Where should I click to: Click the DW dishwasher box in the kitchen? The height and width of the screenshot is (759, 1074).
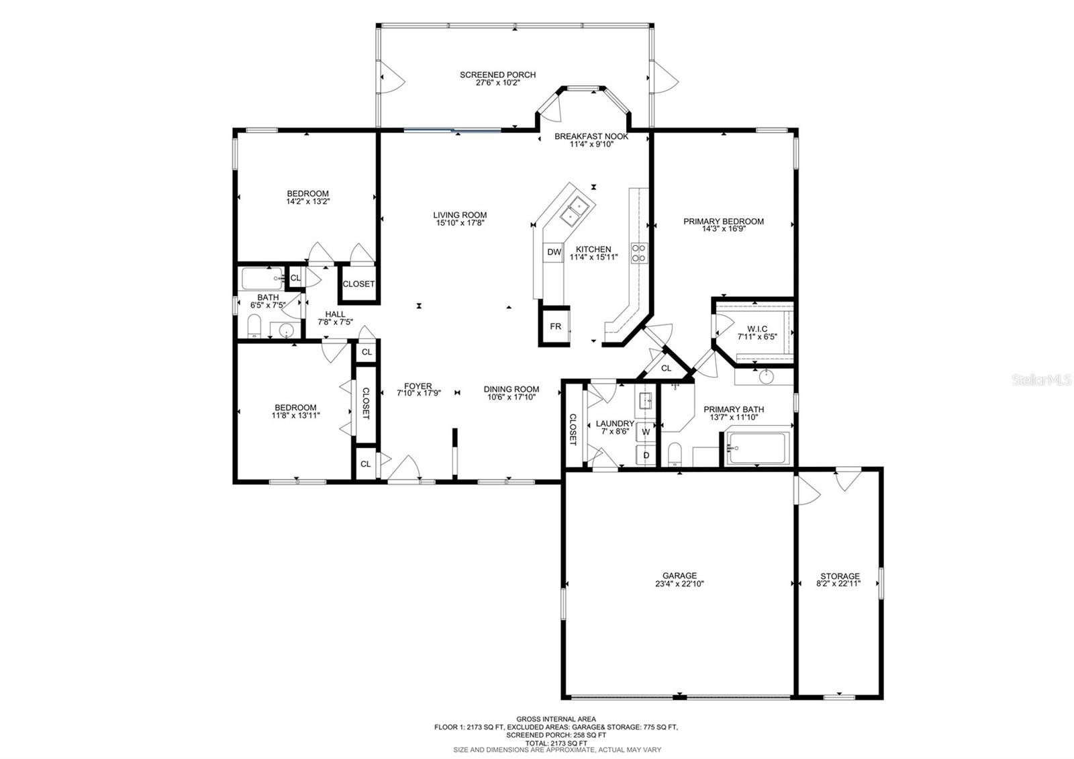coord(554,252)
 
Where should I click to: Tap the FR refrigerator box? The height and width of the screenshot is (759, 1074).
coord(555,326)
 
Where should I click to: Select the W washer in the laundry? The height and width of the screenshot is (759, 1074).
coord(646,432)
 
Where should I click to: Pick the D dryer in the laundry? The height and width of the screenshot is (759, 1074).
coord(646,455)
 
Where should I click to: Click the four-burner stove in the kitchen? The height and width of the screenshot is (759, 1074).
coord(638,253)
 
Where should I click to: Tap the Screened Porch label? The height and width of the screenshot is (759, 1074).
coord(497,75)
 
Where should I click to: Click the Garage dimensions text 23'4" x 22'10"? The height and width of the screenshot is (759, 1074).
coord(679,584)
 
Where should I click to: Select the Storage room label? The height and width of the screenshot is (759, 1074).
coord(840,576)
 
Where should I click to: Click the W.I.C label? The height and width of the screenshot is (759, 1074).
coord(757,329)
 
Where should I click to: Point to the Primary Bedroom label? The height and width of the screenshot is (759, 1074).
coord(724,221)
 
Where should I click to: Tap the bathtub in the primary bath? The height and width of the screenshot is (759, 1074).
coord(756,448)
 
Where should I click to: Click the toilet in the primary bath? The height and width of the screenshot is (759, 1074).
coord(675,454)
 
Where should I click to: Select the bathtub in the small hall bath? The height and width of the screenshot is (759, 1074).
coord(262,278)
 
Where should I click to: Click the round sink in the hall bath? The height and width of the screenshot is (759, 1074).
coord(286,330)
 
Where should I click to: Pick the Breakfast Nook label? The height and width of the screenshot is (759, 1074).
coord(591,136)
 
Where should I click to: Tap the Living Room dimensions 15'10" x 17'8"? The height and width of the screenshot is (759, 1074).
coord(460,223)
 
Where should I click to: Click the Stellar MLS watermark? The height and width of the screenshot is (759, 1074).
coord(1041,380)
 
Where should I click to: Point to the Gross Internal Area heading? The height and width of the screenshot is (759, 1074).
coord(556,719)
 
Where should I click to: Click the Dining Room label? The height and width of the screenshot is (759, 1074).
coord(511,389)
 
